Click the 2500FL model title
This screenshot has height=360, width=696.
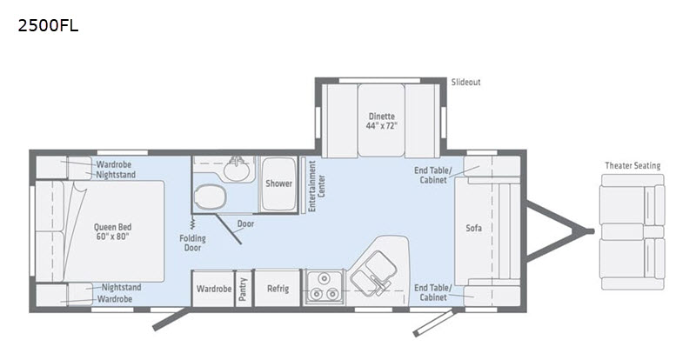(x=48, y=26)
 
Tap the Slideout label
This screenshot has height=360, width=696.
(x=465, y=82)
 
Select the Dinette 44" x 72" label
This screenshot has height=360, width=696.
(x=381, y=121)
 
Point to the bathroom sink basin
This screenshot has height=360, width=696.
(x=237, y=169)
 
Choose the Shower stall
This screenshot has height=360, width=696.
(x=278, y=183)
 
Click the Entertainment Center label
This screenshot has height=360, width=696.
(x=317, y=186)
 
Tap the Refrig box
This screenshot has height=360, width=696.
(x=278, y=288)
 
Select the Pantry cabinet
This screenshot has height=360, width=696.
(x=243, y=288)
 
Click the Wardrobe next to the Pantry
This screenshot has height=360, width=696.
(x=213, y=288)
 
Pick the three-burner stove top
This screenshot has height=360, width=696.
(x=324, y=287)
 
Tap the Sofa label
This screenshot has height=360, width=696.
(x=473, y=228)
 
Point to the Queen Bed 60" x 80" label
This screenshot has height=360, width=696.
(x=113, y=231)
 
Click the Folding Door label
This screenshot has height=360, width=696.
(x=192, y=243)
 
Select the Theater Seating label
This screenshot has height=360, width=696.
(x=632, y=165)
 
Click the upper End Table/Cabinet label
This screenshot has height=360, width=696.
(x=432, y=175)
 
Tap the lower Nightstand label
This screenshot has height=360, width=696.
(x=121, y=287)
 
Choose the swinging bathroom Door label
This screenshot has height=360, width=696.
(x=245, y=223)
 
